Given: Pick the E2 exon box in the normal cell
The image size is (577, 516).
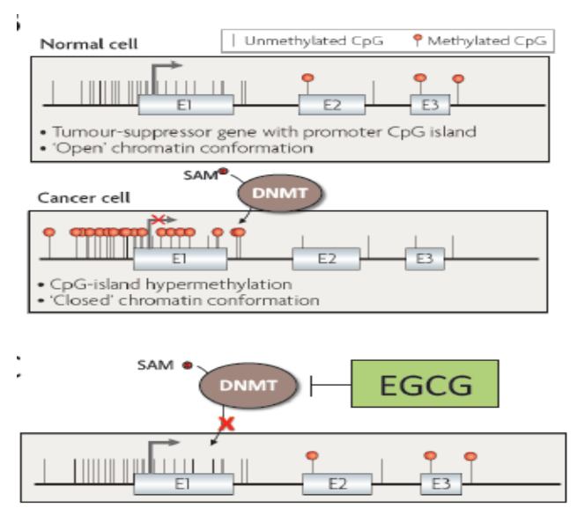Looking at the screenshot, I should tap(331, 106).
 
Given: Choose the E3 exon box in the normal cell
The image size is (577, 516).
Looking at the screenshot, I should tap(430, 106).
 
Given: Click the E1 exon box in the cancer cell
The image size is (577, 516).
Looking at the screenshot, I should tap(180, 258).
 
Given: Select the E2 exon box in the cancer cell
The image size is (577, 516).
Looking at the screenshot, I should tap(326, 258).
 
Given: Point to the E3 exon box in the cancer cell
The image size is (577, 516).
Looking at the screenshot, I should tap(425, 258).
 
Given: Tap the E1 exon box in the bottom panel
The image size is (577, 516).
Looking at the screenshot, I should tap(183, 483).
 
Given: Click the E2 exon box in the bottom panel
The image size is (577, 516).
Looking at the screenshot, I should tap(337, 483).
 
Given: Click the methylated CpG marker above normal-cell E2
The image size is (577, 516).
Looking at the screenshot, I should tap(307, 77).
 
